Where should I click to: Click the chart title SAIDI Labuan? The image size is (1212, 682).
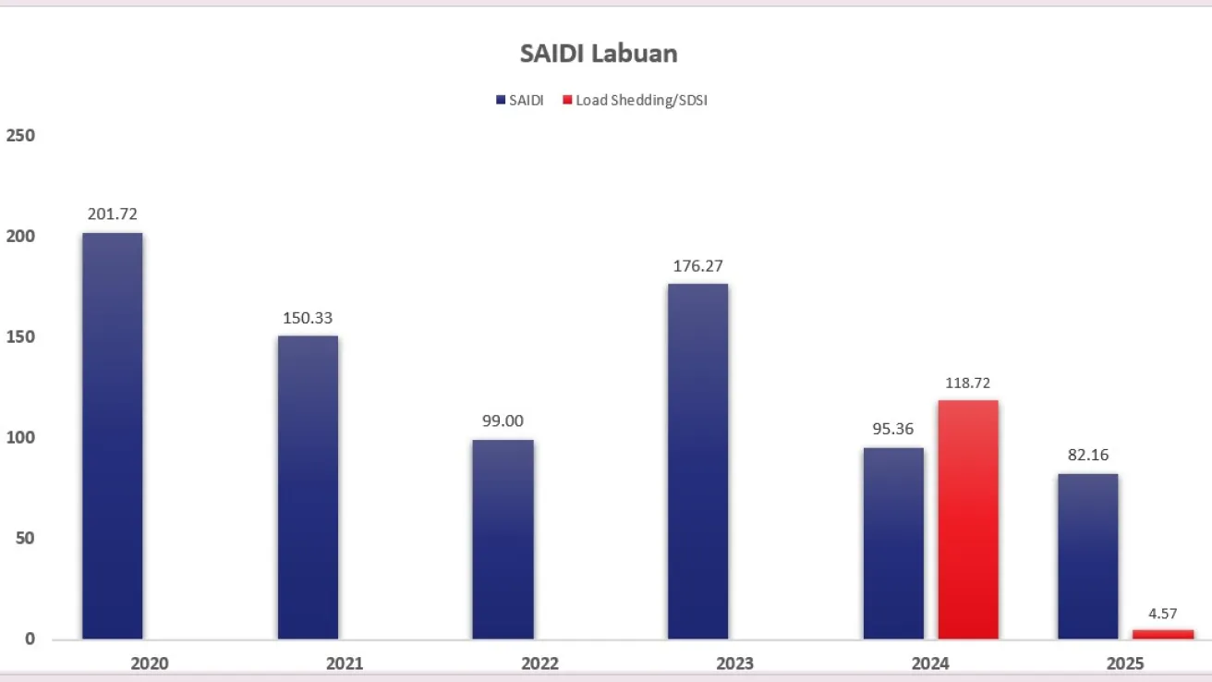pos(599,54)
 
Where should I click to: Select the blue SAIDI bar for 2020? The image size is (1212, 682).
pos(113,434)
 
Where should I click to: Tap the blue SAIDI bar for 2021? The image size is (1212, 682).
pos(308,486)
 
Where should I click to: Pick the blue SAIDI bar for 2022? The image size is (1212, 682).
pos(503,539)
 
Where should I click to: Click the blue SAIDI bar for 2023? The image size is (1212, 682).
pos(697,460)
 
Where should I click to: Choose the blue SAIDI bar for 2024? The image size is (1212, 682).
pos(893,543)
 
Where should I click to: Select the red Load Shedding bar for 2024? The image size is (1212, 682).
pos(968,519)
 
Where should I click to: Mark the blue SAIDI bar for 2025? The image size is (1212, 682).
pos(1088,555)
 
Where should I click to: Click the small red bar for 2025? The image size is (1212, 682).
pos(1163,634)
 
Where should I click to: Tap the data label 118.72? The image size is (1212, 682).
pos(967,383)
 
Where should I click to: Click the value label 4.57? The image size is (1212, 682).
pos(1164,613)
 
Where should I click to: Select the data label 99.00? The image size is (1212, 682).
pos(503,421)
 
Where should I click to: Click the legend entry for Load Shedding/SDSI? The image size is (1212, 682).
pos(640,100)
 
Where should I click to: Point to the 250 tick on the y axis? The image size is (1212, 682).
pos(20,136)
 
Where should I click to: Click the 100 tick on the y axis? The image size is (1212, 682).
pos(20,438)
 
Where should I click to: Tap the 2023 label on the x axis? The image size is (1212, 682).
pos(734,664)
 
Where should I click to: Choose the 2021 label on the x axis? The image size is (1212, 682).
pos(345,664)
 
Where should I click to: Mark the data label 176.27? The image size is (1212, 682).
pos(697,266)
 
